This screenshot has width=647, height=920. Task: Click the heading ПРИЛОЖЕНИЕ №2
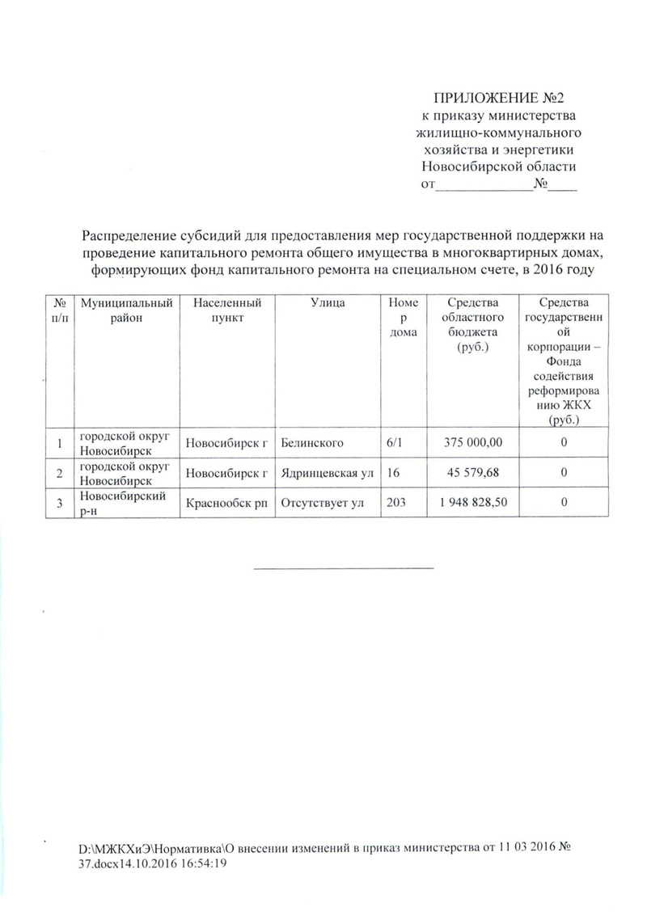(x=497, y=99)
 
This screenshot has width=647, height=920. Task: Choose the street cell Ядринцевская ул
(x=327, y=472)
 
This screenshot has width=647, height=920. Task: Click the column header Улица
(x=327, y=302)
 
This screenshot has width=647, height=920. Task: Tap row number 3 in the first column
(x=58, y=502)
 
